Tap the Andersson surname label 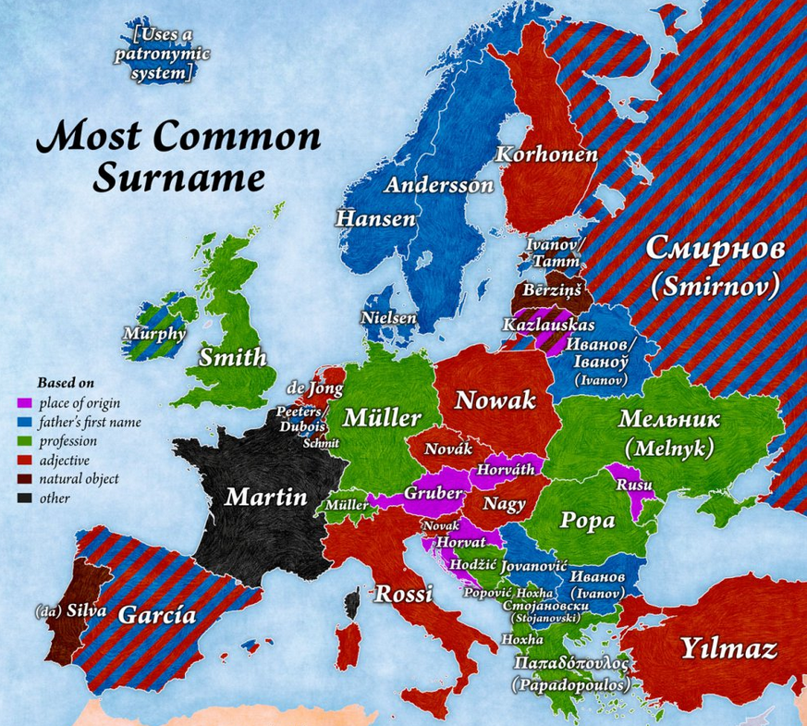pyautogui.click(x=439, y=185)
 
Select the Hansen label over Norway pyautogui.click(x=375, y=219)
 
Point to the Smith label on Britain pyautogui.click(x=233, y=357)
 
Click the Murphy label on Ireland pyautogui.click(x=153, y=333)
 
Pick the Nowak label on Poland pyautogui.click(x=495, y=400)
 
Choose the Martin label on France pyautogui.click(x=266, y=497)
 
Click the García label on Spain pyautogui.click(x=158, y=613)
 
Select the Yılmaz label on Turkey pyautogui.click(x=729, y=648)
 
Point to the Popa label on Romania pyautogui.click(x=588, y=520)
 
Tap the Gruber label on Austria pyautogui.click(x=432, y=494)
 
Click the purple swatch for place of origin pyautogui.click(x=24, y=403)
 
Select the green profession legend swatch pyautogui.click(x=24, y=441)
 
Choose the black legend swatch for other pyautogui.click(x=24, y=498)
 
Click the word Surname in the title pyautogui.click(x=177, y=176)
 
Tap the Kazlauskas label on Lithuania pyautogui.click(x=549, y=325)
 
